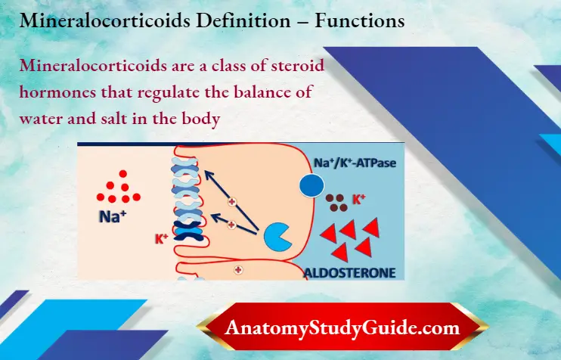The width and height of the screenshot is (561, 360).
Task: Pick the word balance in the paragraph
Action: (260, 92)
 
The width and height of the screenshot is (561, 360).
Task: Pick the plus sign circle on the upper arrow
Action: (232, 202)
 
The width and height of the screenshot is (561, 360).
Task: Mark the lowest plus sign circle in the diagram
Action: (237, 268)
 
